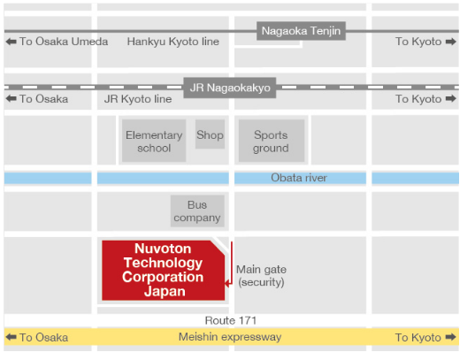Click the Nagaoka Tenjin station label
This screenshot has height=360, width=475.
tap(301, 31)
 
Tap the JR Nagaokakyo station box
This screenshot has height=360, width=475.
tap(230, 88)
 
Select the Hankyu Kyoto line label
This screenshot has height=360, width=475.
tap(173, 42)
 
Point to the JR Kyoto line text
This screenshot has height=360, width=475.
tap(138, 99)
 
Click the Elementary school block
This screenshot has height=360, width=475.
tap(154, 141)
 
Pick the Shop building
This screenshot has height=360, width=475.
tap(210, 134)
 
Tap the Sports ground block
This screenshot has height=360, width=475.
tap(272, 141)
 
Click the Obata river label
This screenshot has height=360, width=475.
tap(299, 178)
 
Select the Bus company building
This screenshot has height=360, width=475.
tap(197, 211)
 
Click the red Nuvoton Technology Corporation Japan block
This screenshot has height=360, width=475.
tap(163, 271)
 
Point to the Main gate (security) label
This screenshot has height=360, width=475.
tap(262, 276)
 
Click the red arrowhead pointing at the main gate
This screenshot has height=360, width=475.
tap(227, 284)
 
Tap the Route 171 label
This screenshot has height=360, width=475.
tap(231, 320)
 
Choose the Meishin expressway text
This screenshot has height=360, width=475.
tap(230, 337)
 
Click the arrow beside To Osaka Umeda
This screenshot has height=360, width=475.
tap(11, 42)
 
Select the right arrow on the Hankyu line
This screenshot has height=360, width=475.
tap(451, 42)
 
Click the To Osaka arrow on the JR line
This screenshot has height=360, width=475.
tap(11, 98)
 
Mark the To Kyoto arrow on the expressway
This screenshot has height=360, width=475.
tap(451, 337)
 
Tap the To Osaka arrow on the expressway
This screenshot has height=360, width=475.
tap(11, 337)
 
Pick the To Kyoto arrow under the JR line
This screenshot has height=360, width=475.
tap(451, 98)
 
